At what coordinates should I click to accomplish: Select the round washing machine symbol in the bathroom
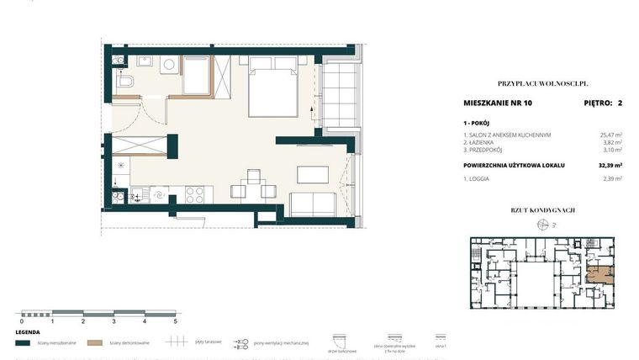[x=168, y=64]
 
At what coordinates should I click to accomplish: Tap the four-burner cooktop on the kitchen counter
[x=193, y=194]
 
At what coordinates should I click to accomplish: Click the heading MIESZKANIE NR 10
[x=497, y=103]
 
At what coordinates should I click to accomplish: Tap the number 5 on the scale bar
[x=175, y=321]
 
